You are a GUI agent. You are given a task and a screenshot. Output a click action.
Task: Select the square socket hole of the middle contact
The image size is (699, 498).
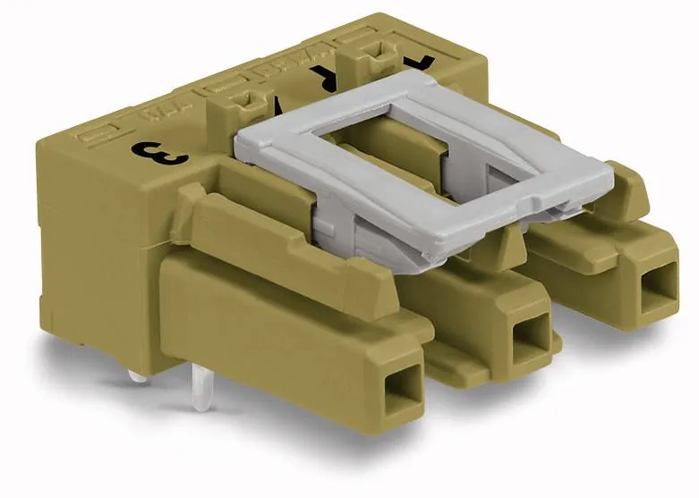coord(530,337)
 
